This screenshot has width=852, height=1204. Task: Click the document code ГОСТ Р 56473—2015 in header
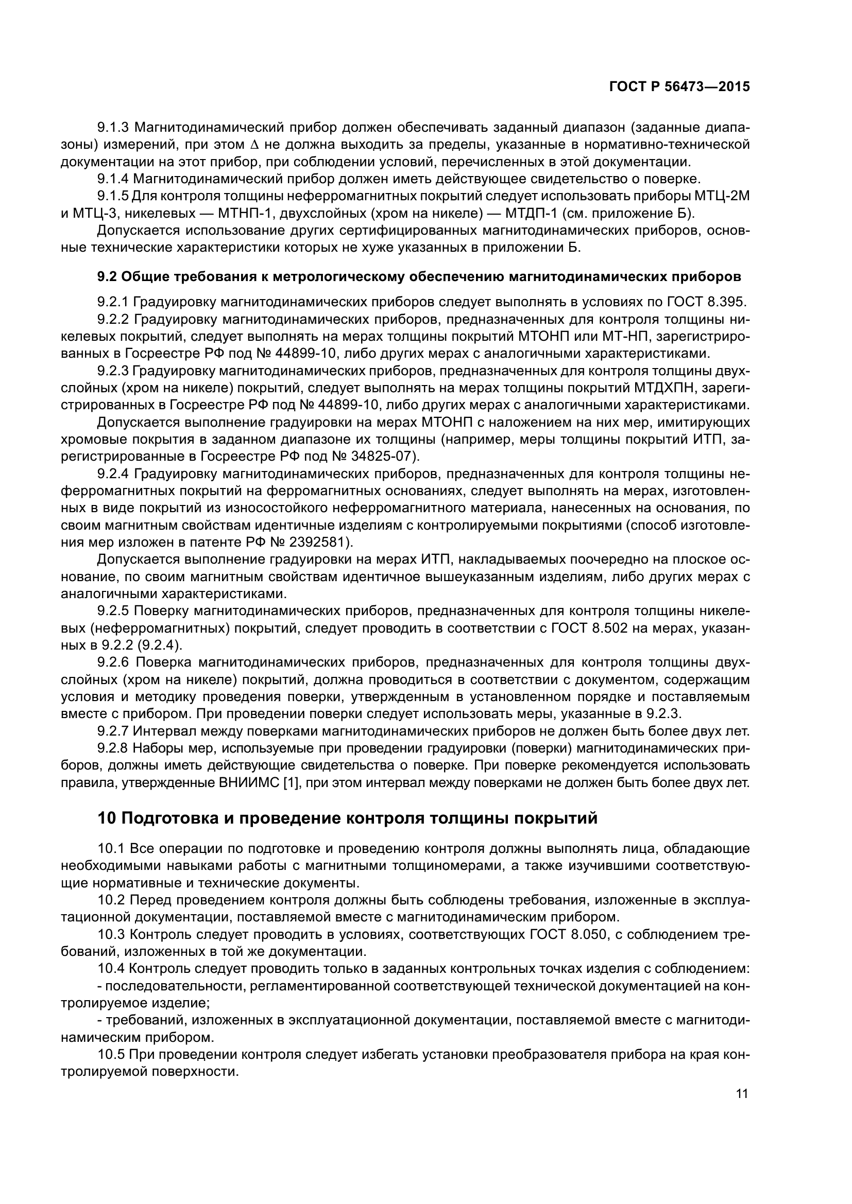pos(679,87)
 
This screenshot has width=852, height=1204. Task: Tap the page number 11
pos(742,1094)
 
